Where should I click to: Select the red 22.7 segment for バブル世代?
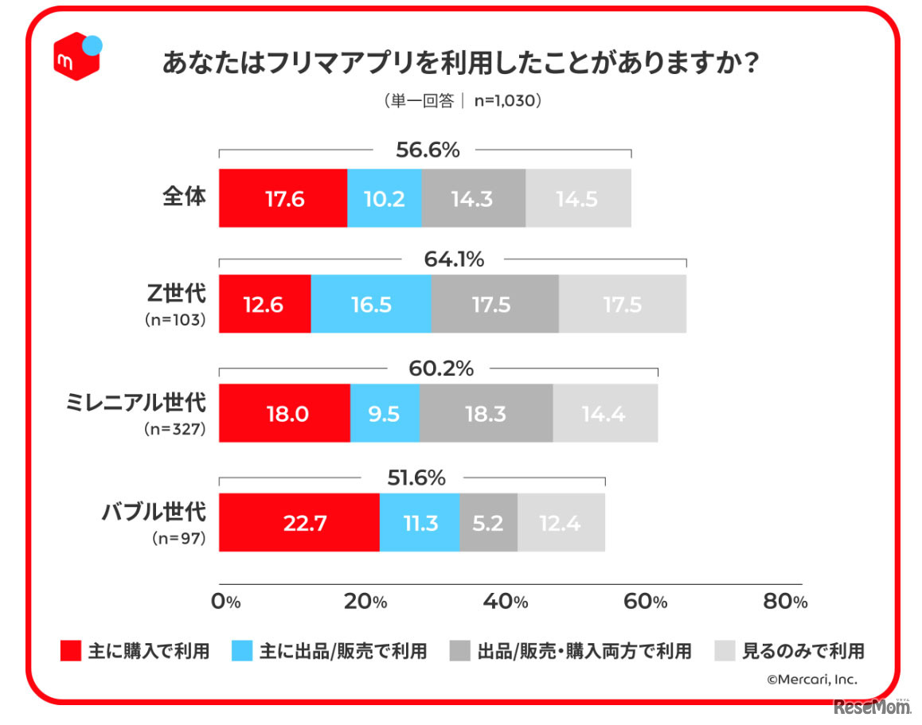pos(299,522)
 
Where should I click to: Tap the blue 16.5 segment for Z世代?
pos(370,305)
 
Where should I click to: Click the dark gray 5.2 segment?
pos(488,522)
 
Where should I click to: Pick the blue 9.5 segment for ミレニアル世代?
pos(385,413)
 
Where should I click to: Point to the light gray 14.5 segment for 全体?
pos(578,198)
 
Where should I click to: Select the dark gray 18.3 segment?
pos(486,413)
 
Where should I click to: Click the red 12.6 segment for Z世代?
pos(264,305)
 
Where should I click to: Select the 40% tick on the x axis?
pos(507,602)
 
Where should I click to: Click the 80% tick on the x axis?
pos(785,602)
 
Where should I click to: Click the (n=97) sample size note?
pos(179,539)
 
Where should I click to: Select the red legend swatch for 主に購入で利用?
pos(71,651)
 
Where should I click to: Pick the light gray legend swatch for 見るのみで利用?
pos(725,651)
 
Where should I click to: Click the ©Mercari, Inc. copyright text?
pos(812,679)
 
